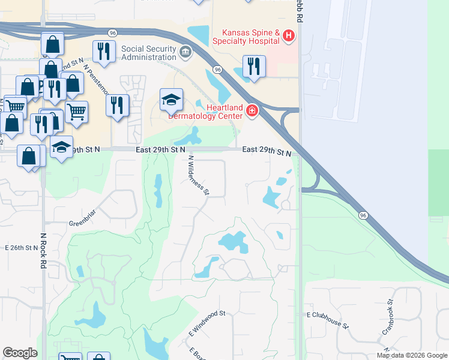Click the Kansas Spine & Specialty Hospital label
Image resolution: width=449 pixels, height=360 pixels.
251,37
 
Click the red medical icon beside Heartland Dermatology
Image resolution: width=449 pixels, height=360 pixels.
252,110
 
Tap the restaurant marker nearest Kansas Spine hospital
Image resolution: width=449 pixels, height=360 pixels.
254,65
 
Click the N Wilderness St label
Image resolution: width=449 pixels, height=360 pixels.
199,175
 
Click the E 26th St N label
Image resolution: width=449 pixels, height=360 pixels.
21,247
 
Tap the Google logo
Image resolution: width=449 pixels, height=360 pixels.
20,353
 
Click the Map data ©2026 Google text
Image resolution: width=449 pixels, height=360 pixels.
412,355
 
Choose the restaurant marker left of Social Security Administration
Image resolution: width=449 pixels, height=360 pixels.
104,52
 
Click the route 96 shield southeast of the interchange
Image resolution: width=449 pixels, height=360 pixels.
363,215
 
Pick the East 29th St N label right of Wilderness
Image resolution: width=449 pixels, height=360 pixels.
267,152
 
